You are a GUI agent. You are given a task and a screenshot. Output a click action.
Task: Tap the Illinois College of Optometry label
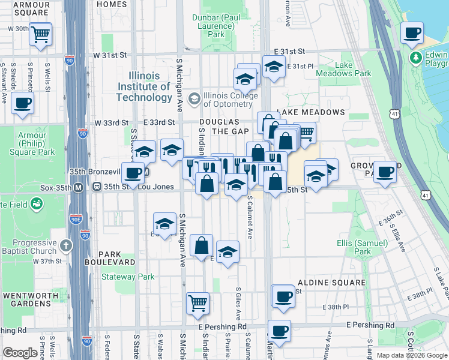(231, 95)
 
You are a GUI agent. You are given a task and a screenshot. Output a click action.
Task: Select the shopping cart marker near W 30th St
(40, 35)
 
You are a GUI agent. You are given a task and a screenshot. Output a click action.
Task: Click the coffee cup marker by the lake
(412, 34)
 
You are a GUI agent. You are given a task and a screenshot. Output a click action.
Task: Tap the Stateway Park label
(128, 277)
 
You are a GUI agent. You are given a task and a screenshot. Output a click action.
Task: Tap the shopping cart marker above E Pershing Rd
(197, 303)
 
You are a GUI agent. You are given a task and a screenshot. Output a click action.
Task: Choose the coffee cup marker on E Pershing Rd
(279, 329)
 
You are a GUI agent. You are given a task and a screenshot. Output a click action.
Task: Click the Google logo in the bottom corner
(20, 353)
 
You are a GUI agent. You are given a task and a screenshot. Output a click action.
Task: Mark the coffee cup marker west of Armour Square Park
(22, 103)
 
